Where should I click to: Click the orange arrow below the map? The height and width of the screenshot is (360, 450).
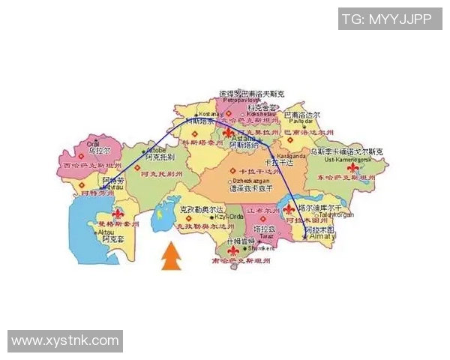172,256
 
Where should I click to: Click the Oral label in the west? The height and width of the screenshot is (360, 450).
93,143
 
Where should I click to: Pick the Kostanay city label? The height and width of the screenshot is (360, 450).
208,114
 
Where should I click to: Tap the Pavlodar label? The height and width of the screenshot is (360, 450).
298,121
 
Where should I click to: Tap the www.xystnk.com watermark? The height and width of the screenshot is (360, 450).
65,341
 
